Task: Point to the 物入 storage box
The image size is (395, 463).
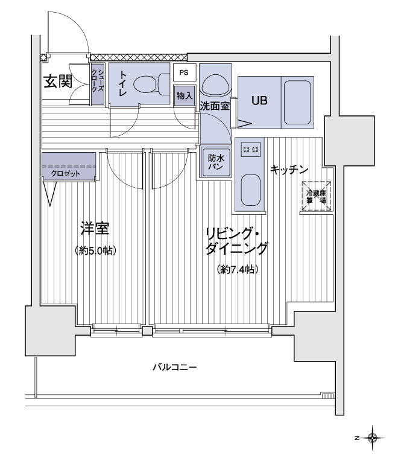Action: coord(185,94)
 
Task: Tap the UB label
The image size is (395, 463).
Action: coord(259,101)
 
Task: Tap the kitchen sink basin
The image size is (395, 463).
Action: coord(250,191)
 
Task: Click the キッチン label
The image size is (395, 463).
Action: coord(289,170)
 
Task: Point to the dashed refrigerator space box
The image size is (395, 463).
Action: coord(317,196)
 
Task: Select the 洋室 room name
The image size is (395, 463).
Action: coord(95,229)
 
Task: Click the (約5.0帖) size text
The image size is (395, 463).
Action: coord(95,250)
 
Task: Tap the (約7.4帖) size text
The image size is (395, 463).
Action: coord(238,270)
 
